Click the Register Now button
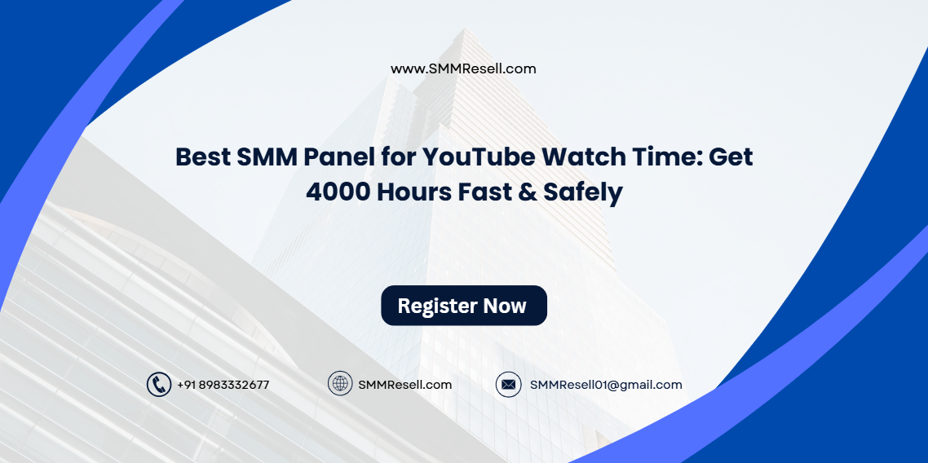[x=463, y=306]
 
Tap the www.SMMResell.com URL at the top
[x=463, y=68]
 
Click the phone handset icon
[x=158, y=385]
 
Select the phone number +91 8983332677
[x=223, y=385]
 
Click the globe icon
[x=340, y=384]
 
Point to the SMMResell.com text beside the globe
[x=404, y=385]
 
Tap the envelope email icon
[x=508, y=385]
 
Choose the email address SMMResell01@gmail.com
[x=606, y=385]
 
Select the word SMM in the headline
[x=267, y=157]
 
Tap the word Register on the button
[x=437, y=306]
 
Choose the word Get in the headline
[x=731, y=157]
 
